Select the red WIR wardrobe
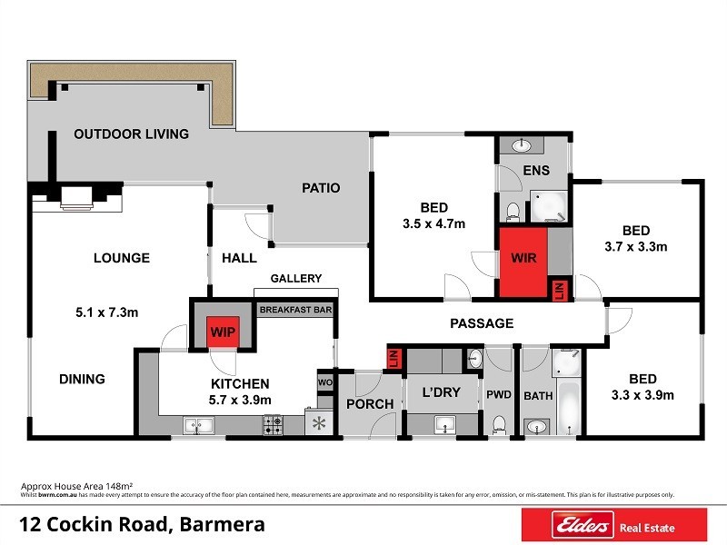pos(524,259)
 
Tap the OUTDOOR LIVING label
pos(131,134)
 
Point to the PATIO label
pos(321,188)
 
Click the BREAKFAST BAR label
pos(295,310)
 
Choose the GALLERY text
pos(295,279)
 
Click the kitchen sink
pos(198,424)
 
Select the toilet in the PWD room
pos(499,424)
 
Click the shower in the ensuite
pos(549,206)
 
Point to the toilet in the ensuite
pos(513,211)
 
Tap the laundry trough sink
pos(444,423)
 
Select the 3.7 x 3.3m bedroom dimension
pos(635,246)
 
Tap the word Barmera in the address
pos(223,524)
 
